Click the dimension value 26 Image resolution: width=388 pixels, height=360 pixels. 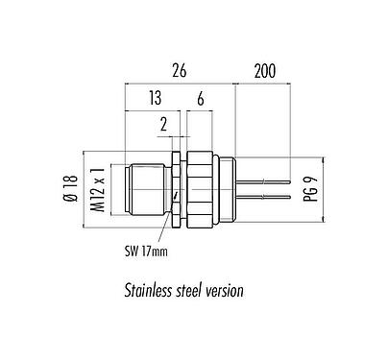click(x=179, y=69)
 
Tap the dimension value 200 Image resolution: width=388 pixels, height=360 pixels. click(x=266, y=69)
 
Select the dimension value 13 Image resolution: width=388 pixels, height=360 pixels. click(x=155, y=99)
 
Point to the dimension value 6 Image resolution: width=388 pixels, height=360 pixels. click(x=200, y=99)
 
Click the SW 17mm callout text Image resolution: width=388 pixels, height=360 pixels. click(x=147, y=252)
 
